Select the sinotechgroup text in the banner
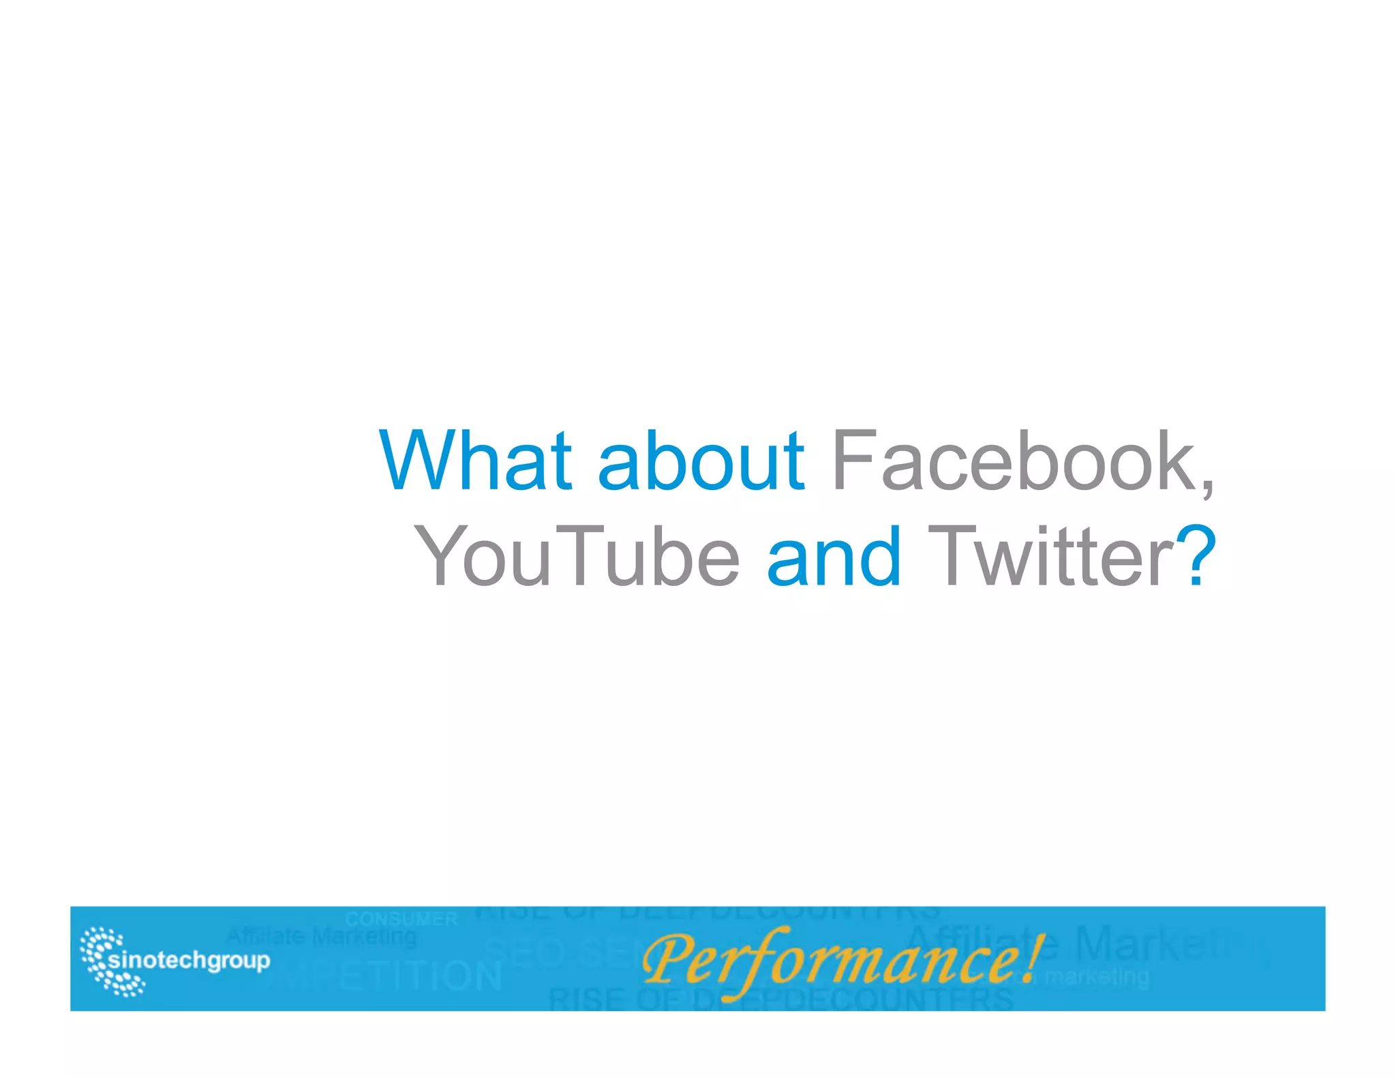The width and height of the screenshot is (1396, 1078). click(189, 961)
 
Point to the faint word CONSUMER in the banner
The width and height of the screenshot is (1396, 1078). click(401, 919)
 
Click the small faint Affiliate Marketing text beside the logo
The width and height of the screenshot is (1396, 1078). click(320, 938)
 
